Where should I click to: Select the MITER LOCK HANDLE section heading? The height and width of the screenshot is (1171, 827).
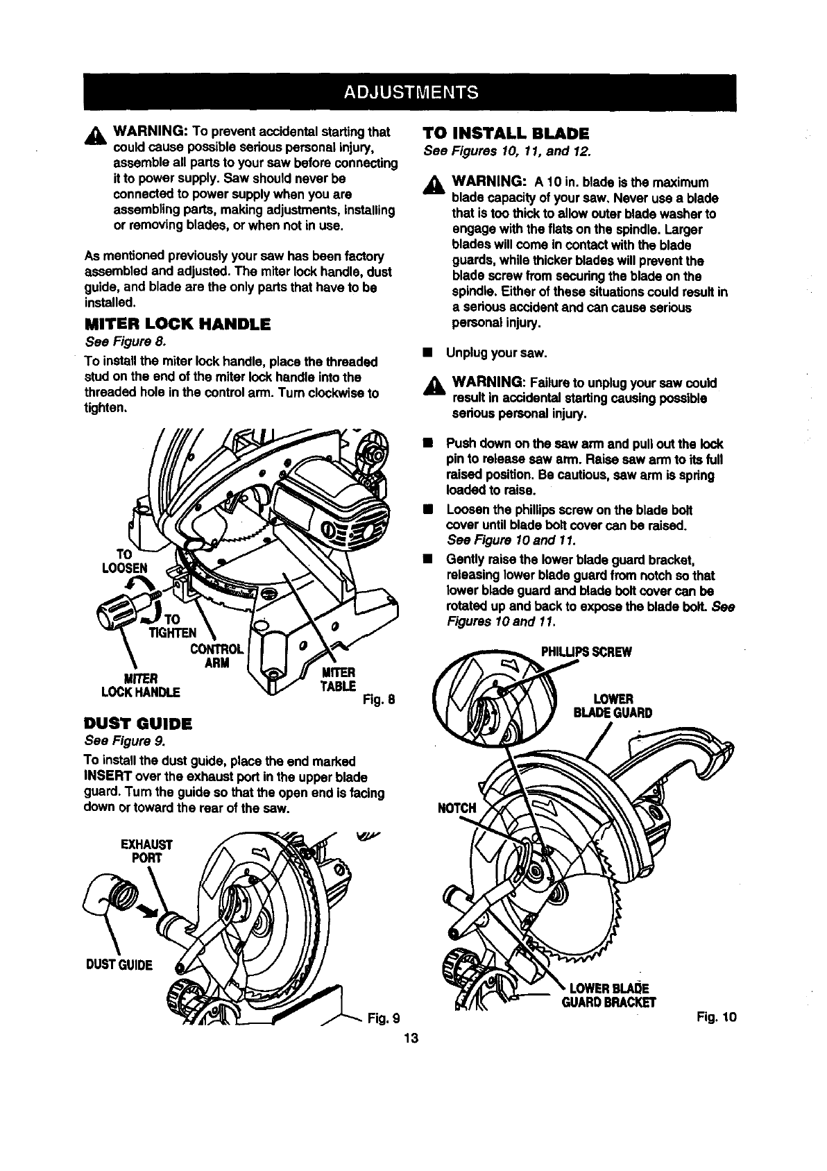click(x=177, y=324)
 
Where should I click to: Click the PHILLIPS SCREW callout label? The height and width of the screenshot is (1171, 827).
click(x=586, y=652)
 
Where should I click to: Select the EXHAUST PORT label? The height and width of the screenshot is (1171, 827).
click(x=146, y=851)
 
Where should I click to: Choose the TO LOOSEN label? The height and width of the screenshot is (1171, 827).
click(x=125, y=561)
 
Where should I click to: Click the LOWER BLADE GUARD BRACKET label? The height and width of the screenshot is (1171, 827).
click(x=611, y=995)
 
